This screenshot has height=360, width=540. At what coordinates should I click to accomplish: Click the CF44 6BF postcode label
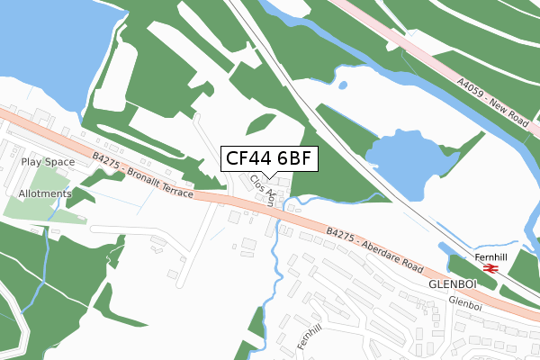[x=268, y=159]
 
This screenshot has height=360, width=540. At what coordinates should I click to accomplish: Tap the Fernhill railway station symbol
[x=490, y=267]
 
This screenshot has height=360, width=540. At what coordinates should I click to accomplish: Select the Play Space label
[x=49, y=162]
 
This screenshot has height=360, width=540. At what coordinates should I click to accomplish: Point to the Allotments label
[x=43, y=193]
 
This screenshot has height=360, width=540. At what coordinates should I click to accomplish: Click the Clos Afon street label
[x=262, y=190]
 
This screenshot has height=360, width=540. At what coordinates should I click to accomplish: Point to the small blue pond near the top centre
[x=343, y=85]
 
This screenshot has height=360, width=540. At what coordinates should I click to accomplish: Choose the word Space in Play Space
[x=59, y=162]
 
